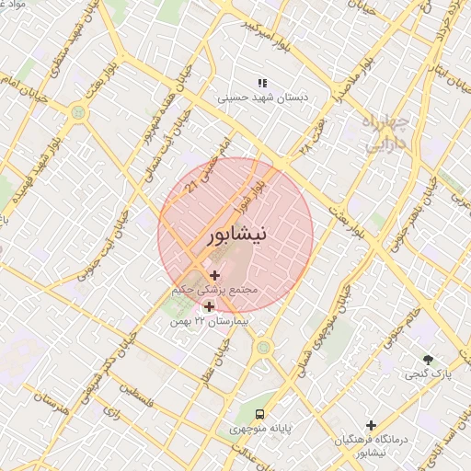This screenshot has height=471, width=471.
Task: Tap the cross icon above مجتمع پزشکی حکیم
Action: click(214, 275)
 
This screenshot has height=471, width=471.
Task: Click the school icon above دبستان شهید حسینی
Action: click(262, 83)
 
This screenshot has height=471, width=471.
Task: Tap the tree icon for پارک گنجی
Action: click(428, 360)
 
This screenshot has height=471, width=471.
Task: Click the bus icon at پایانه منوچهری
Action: click(260, 414)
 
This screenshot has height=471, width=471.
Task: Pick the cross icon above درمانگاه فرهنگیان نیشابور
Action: click(371, 425)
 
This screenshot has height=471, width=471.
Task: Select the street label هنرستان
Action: click(51, 403)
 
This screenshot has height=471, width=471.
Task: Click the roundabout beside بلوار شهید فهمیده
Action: click(78, 111)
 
